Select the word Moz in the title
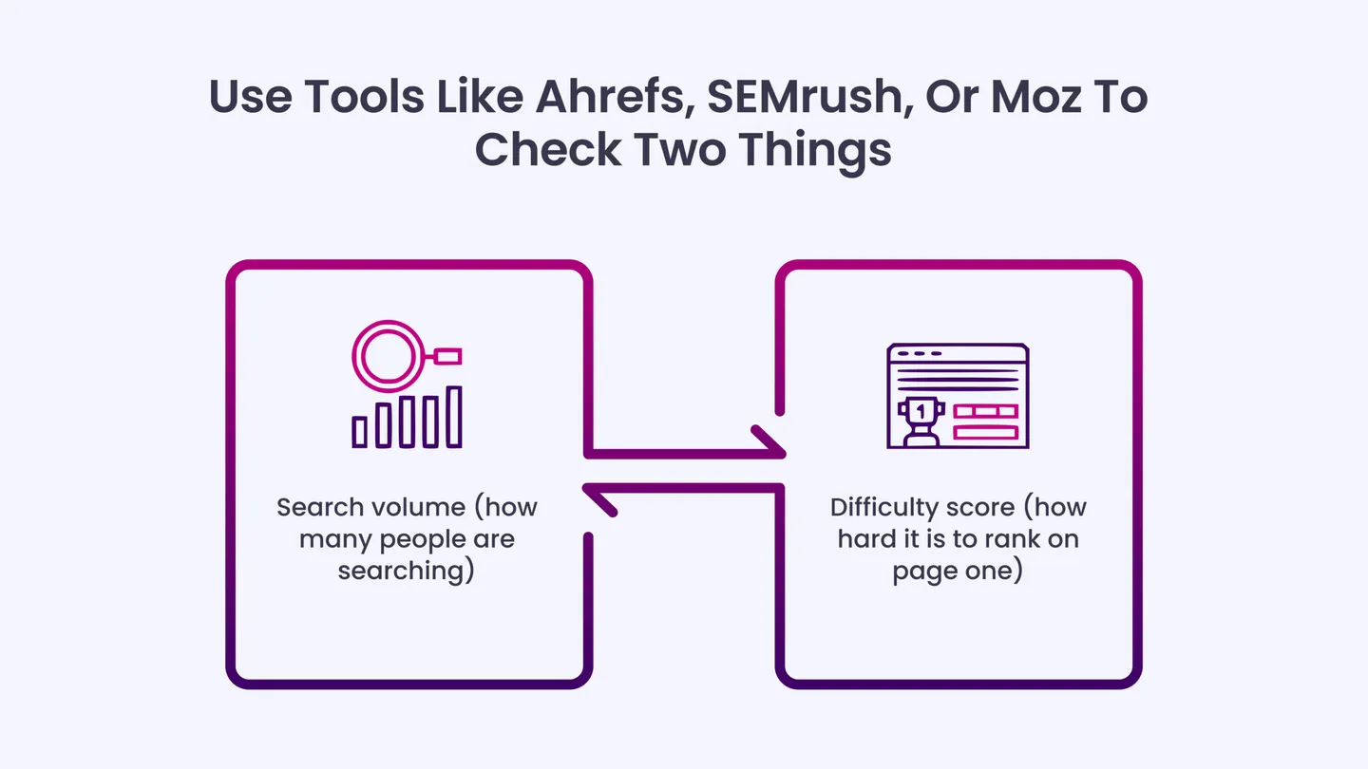pos(1035,97)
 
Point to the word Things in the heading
pos(815,151)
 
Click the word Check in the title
pos(548,150)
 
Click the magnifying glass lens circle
pos(388,356)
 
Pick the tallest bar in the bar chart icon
pos(454,417)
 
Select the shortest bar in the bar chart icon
pos(360,432)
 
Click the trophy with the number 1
pos(921,422)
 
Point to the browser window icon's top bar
pos(958,353)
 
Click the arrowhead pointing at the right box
pos(769,441)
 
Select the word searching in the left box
pos(407,572)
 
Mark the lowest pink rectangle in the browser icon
pos(986,433)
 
